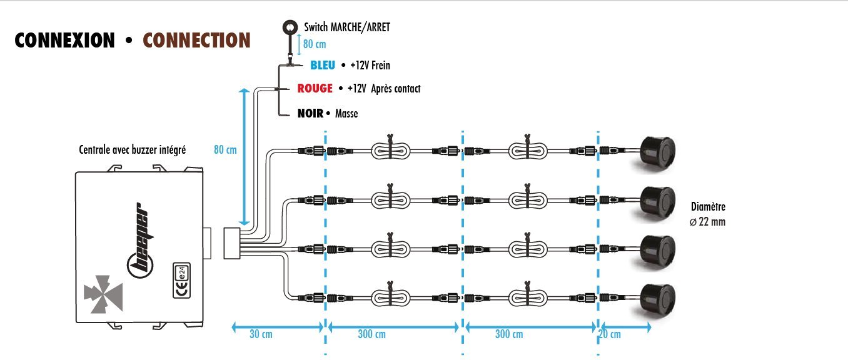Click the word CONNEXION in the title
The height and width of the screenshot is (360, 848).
(x=64, y=41)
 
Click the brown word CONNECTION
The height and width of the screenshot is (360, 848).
(x=196, y=41)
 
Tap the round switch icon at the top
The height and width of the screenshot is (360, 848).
(x=291, y=27)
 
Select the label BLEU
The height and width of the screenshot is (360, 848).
(x=323, y=65)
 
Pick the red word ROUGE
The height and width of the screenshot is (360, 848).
(x=315, y=89)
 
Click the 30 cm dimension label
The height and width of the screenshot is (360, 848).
(x=260, y=334)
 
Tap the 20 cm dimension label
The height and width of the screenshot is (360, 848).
(x=610, y=334)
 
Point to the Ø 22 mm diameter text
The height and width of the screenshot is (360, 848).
(x=708, y=221)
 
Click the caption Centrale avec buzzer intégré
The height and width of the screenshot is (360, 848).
(x=132, y=150)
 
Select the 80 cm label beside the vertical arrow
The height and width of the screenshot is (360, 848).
(x=226, y=150)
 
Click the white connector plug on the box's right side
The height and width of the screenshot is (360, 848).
(x=231, y=242)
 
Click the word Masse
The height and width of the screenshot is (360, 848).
(x=346, y=114)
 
